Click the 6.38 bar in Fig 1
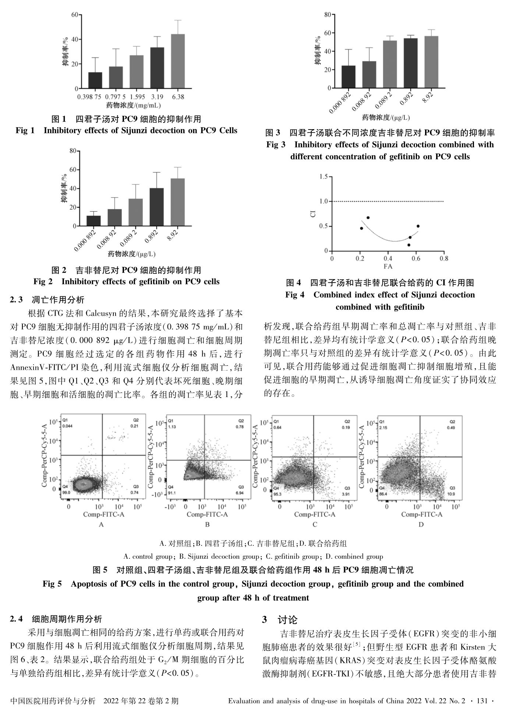pyautogui.click(x=178, y=61)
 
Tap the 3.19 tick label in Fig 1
pyautogui.click(x=158, y=97)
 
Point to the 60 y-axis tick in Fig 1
pyautogui.click(x=74, y=15)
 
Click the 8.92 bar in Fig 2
pyautogui.click(x=178, y=202)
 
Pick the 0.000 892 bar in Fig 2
pyautogui.click(x=93, y=221)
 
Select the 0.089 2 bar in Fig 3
pyautogui.click(x=390, y=64)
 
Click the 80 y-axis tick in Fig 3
pyautogui.click(x=328, y=15)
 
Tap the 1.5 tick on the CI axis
pyautogui.click(x=323, y=177)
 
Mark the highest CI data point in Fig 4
pyautogui.click(x=368, y=218)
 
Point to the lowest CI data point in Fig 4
pyautogui.click(x=408, y=245)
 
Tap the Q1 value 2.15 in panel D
pyautogui.click(x=383, y=428)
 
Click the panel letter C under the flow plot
pyautogui.click(x=315, y=524)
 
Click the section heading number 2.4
pyautogui.click(x=17, y=619)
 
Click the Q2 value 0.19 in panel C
pyautogui.click(x=346, y=428)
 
